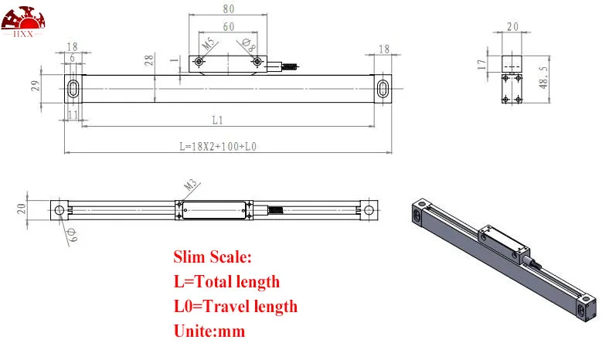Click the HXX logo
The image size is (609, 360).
click(23, 22)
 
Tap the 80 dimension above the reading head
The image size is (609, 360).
click(229, 8)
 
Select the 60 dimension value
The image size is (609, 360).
click(229, 26)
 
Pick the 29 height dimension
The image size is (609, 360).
click(35, 86)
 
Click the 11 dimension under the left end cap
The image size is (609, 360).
click(73, 114)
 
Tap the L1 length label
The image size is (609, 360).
click(217, 121)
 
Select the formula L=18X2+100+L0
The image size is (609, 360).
click(218, 147)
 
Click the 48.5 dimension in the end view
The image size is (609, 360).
click(544, 77)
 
